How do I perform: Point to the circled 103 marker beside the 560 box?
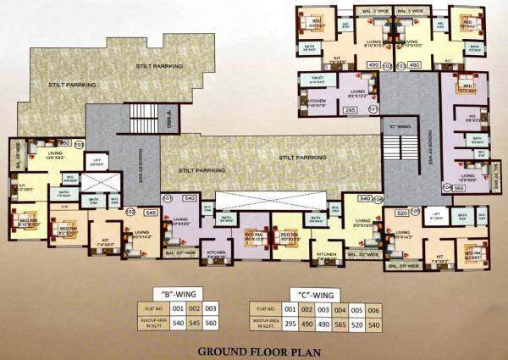80,144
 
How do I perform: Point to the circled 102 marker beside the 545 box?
130,212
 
